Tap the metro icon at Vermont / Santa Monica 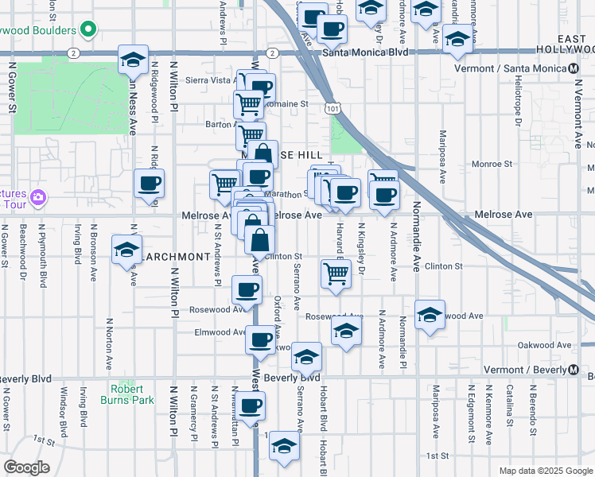click(574, 68)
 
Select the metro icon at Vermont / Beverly click(572, 369)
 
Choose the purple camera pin click(38, 196)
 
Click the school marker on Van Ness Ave click(133, 60)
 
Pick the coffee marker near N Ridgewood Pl click(149, 184)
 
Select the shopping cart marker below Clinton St click(336, 273)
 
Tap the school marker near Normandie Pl click(430, 315)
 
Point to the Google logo click(26, 467)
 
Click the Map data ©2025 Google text click(544, 471)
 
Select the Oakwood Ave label click(544, 345)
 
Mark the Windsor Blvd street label click(64, 406)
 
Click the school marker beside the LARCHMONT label click(126, 250)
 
